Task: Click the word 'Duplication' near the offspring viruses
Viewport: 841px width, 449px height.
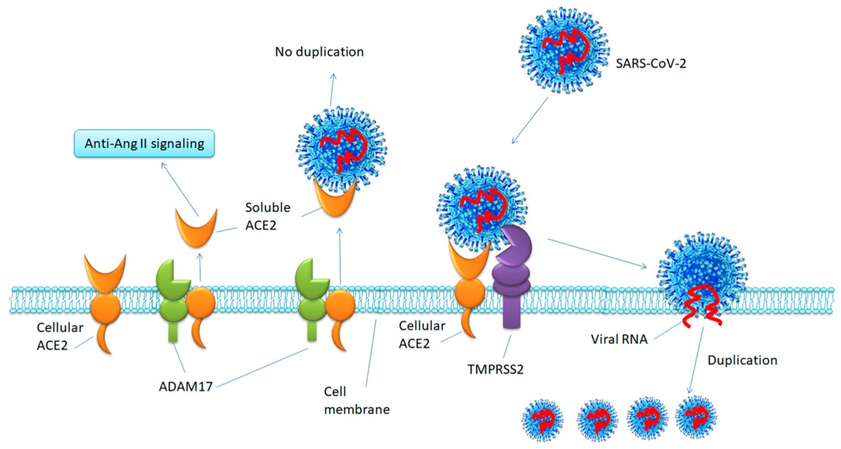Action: point(742,360)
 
